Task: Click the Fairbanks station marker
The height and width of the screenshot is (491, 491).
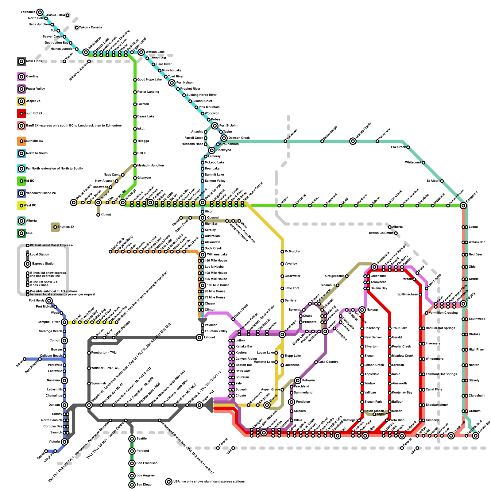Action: click(x=40, y=12)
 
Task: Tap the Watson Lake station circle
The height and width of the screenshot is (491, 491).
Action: click(x=141, y=52)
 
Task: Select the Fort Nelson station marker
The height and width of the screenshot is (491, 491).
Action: click(x=172, y=83)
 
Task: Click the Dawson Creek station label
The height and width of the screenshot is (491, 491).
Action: click(x=239, y=138)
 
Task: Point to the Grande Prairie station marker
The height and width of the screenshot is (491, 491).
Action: click(x=353, y=141)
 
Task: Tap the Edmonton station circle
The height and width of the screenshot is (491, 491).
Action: click(x=463, y=206)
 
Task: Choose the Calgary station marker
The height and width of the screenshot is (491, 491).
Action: click(x=463, y=304)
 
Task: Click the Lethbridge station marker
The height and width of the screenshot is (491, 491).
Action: click(x=476, y=436)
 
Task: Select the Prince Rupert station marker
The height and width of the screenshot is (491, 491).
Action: click(x=74, y=203)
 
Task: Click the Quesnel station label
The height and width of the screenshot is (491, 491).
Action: click(x=213, y=218)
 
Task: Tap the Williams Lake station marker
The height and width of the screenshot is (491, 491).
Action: click(x=203, y=255)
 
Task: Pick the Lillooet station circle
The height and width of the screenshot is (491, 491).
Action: click(x=199, y=338)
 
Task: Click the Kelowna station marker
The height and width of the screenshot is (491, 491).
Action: click(x=298, y=381)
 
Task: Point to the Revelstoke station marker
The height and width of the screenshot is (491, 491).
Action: click(x=374, y=267)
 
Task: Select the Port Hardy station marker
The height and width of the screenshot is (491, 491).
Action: click(x=49, y=301)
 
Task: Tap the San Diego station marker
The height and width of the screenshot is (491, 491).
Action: click(x=132, y=485)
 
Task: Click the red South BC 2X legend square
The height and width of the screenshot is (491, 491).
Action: click(x=21, y=114)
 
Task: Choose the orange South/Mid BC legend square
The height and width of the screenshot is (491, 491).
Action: click(x=21, y=141)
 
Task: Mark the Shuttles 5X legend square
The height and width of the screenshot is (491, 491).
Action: click(x=55, y=227)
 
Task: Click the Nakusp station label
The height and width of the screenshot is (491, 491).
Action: click(x=372, y=310)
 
